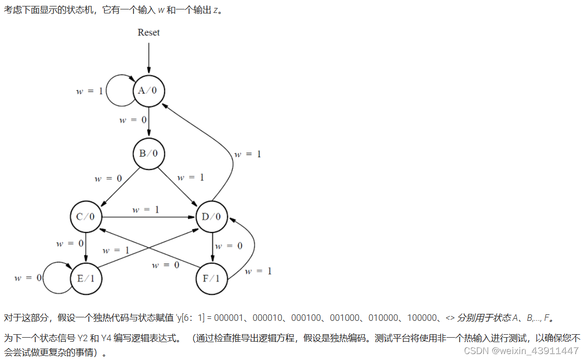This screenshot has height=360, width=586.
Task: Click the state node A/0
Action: [x=148, y=91]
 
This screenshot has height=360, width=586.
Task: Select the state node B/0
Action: [x=148, y=153]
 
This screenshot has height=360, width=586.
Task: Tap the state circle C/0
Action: [x=86, y=217]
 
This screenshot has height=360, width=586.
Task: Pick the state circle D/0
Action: [x=212, y=217]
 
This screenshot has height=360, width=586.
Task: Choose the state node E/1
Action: [x=86, y=278]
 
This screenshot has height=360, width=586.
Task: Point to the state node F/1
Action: [x=212, y=278]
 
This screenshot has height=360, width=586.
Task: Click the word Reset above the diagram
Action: [x=148, y=33]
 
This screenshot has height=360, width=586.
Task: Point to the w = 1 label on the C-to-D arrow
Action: [x=146, y=210]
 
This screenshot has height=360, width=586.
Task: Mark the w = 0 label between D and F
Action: [x=229, y=246]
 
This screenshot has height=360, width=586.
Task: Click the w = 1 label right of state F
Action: [x=258, y=271]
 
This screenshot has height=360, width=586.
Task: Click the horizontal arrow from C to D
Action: [x=149, y=217]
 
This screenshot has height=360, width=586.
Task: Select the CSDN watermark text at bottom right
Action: [x=521, y=351]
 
